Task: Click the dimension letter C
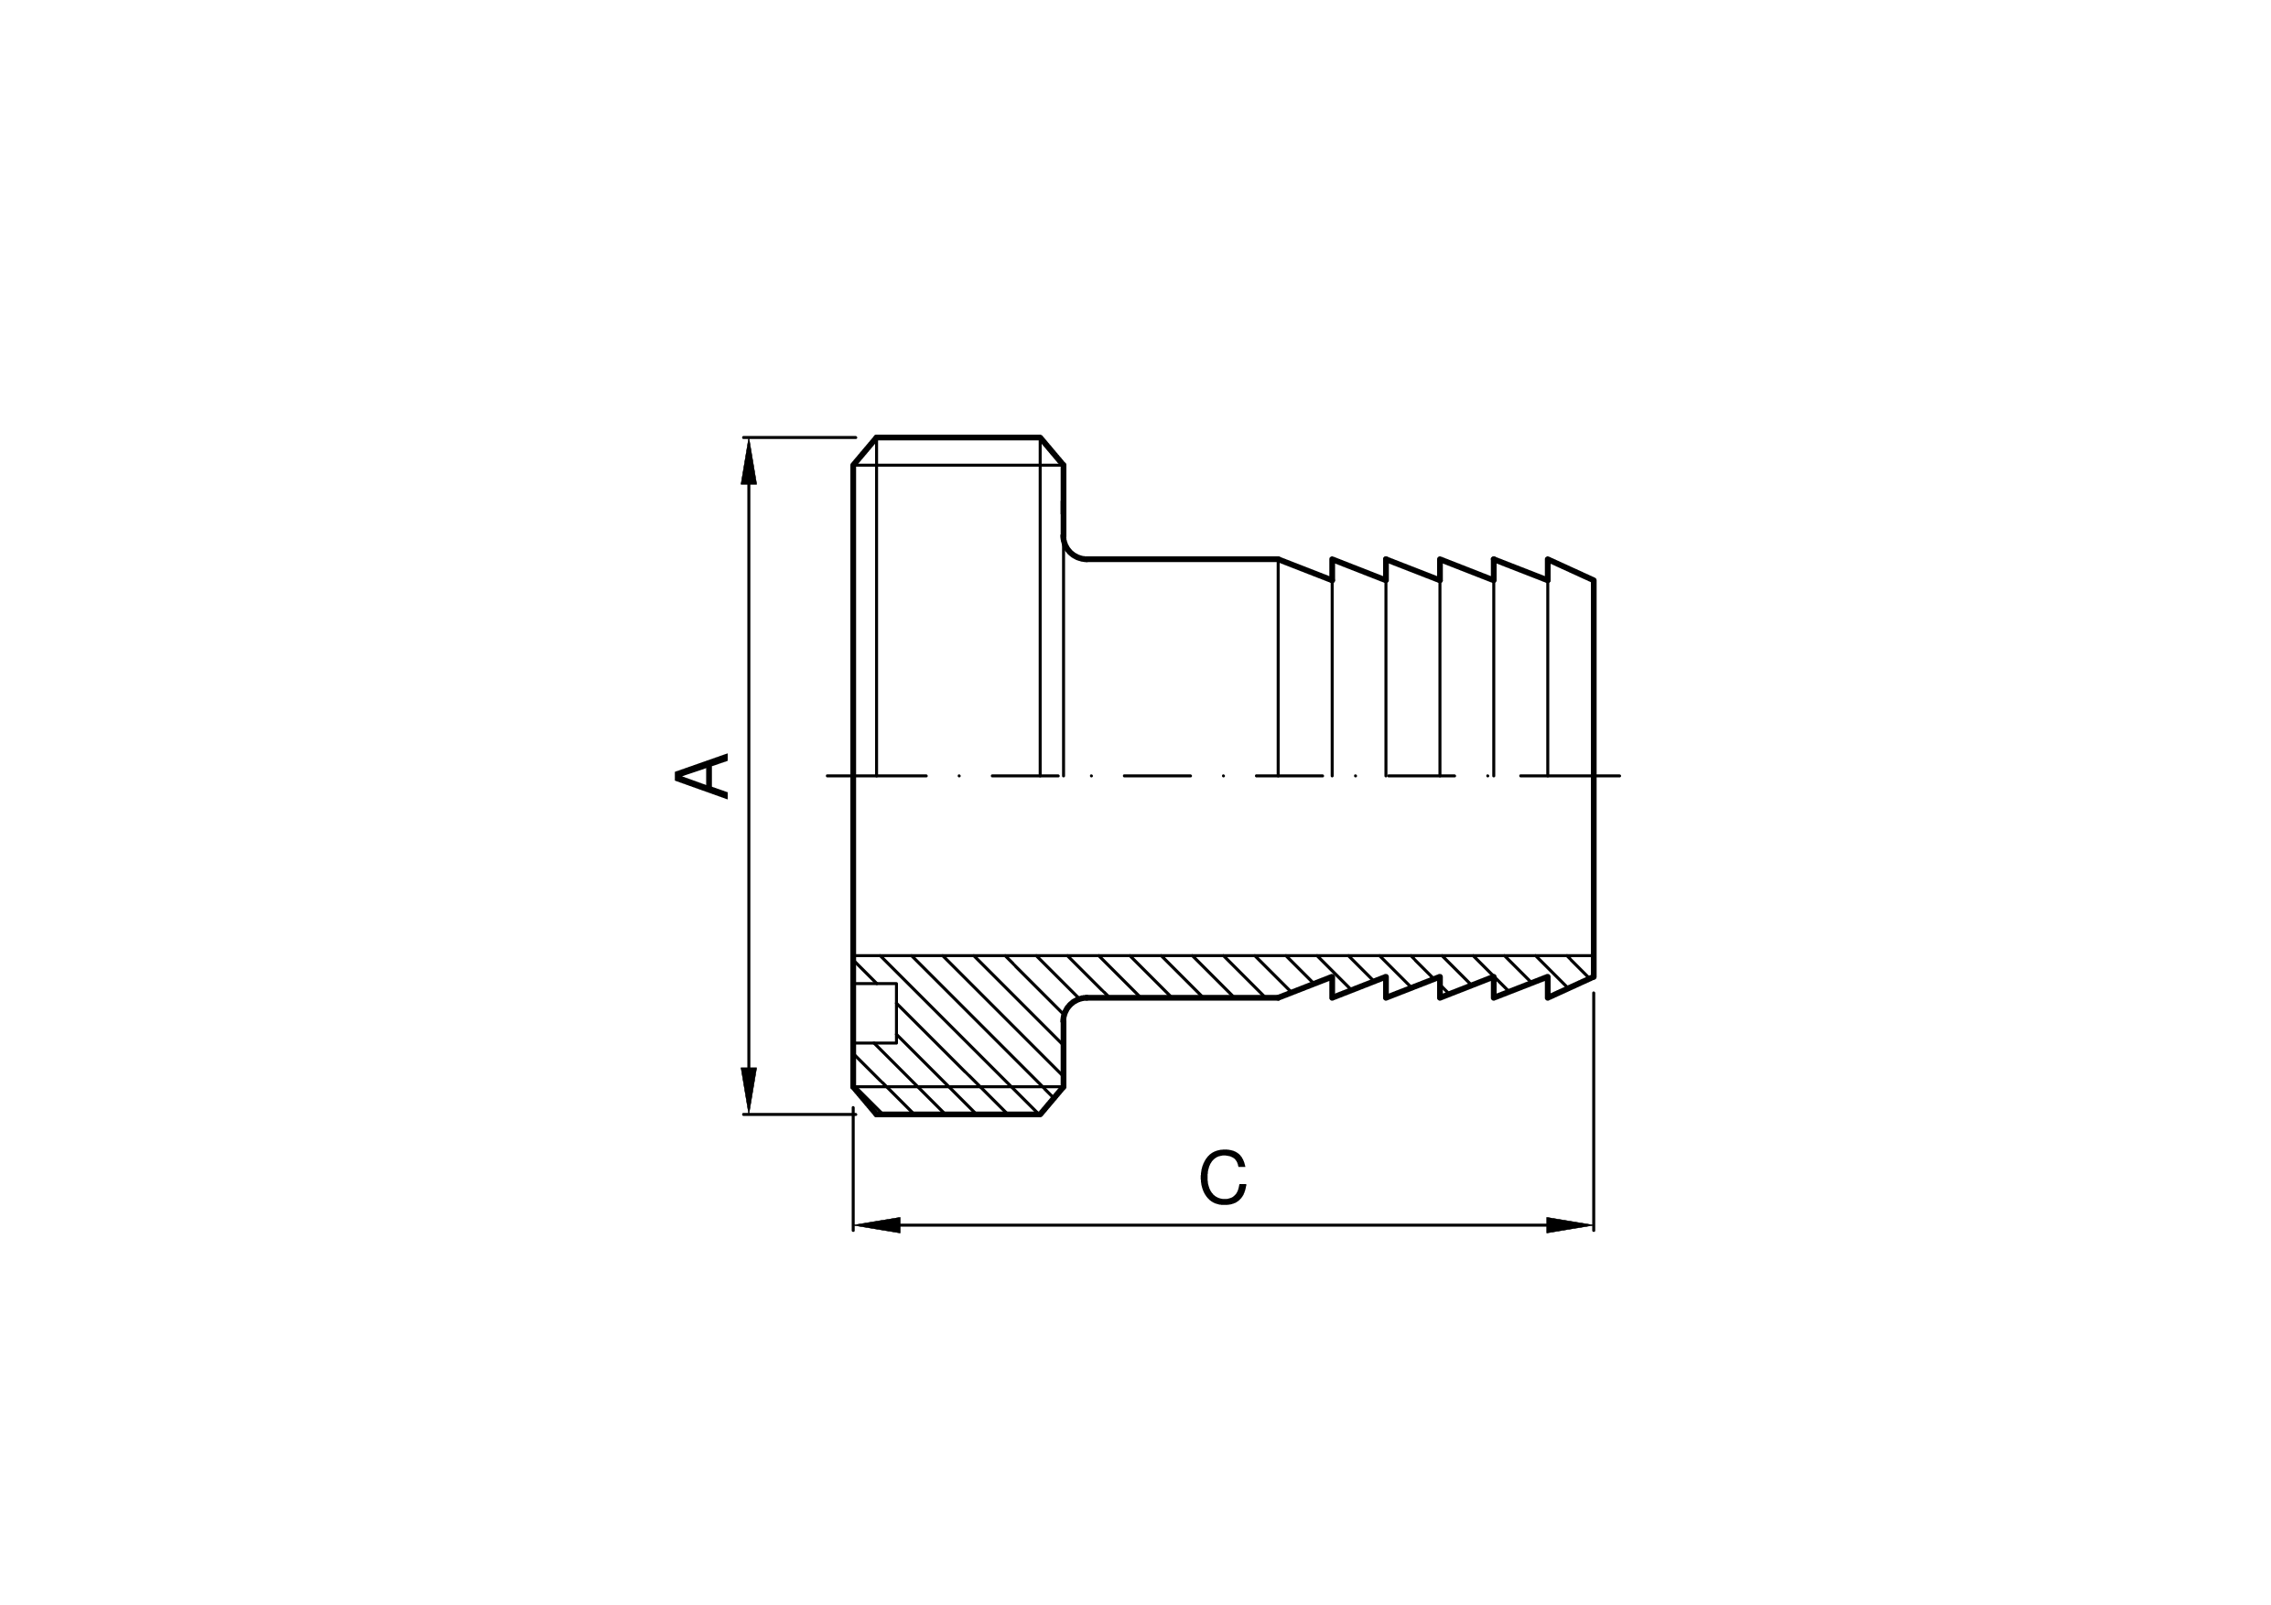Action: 1223,1178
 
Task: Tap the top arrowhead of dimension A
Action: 749,461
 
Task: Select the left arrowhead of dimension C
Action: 876,1225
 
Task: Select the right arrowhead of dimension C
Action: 1570,1225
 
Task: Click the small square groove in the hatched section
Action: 875,1013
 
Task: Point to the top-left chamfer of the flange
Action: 864,451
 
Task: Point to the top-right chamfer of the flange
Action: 1053,451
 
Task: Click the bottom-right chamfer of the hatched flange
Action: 1053,1101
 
